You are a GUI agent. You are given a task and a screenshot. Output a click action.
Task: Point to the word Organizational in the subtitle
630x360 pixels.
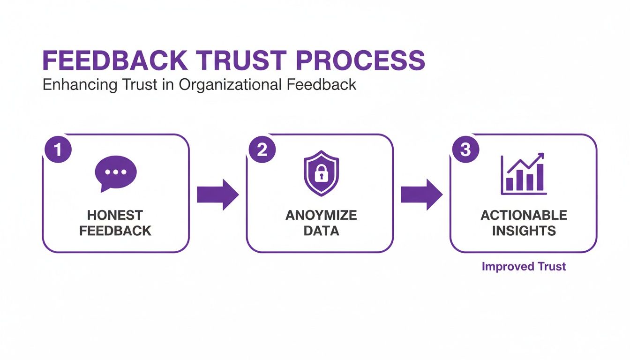coord(229,85)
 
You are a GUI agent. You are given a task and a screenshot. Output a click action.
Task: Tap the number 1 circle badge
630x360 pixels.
coord(58,150)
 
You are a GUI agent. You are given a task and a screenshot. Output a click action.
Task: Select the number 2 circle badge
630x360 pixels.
coord(262,150)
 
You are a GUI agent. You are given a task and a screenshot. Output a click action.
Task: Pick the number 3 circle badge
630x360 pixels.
coord(465,150)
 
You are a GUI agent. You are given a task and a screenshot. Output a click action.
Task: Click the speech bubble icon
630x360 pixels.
coord(115,172)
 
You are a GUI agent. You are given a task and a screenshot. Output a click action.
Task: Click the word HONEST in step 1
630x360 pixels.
coord(115,215)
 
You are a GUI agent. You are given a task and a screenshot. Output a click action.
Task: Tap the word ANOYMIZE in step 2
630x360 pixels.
coord(321,215)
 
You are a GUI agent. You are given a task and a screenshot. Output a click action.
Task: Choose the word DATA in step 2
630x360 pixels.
coord(321,231)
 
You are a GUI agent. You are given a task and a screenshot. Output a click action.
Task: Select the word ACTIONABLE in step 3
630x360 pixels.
coord(524,215)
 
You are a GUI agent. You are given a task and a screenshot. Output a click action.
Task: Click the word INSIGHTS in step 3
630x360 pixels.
coord(524,231)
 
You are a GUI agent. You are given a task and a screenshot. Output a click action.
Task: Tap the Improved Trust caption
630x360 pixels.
coord(524,267)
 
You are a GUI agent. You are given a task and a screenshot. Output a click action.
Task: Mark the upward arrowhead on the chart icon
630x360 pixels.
coord(540,156)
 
